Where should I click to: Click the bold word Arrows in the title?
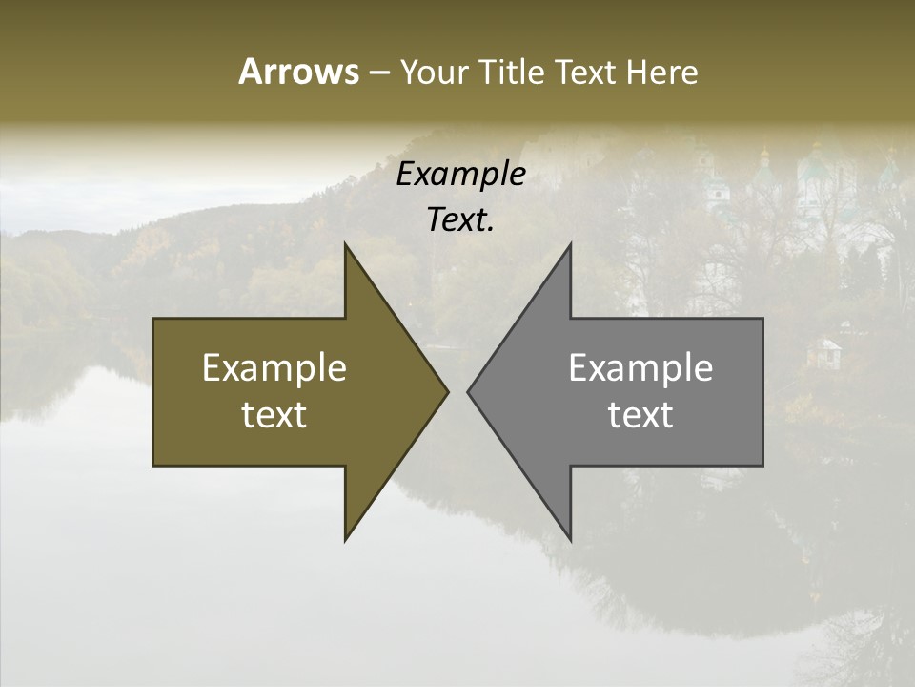pyautogui.click(x=298, y=72)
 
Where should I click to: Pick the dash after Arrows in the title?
pyautogui.click(x=378, y=73)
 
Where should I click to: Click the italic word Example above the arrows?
pyautogui.click(x=461, y=175)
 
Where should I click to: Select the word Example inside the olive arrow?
pyautogui.click(x=274, y=368)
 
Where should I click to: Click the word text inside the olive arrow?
pyautogui.click(x=274, y=415)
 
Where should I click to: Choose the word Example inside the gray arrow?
pyautogui.click(x=640, y=368)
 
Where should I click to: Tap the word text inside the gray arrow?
pyautogui.click(x=640, y=415)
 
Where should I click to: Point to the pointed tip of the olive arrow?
pyautogui.click(x=447, y=391)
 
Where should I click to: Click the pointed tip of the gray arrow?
pyautogui.click(x=468, y=391)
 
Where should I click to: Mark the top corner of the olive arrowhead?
pyautogui.click(x=345, y=244)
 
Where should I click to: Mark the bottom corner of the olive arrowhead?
pyautogui.click(x=345, y=540)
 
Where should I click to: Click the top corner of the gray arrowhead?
pyautogui.click(x=570, y=244)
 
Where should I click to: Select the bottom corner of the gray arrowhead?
pyautogui.click(x=570, y=540)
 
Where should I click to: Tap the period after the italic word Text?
pyautogui.click(x=492, y=230)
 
